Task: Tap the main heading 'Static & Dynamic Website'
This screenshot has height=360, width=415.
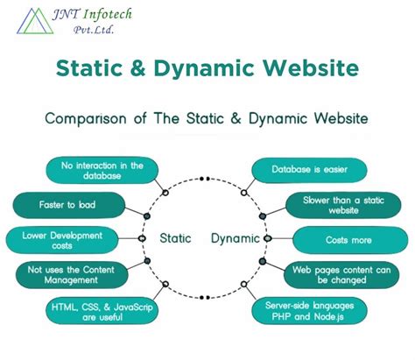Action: tap(207, 68)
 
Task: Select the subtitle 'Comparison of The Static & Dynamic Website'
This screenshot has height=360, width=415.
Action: tap(207, 116)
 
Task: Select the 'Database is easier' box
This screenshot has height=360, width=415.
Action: tap(308, 170)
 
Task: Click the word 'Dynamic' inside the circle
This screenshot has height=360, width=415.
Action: tap(235, 238)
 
